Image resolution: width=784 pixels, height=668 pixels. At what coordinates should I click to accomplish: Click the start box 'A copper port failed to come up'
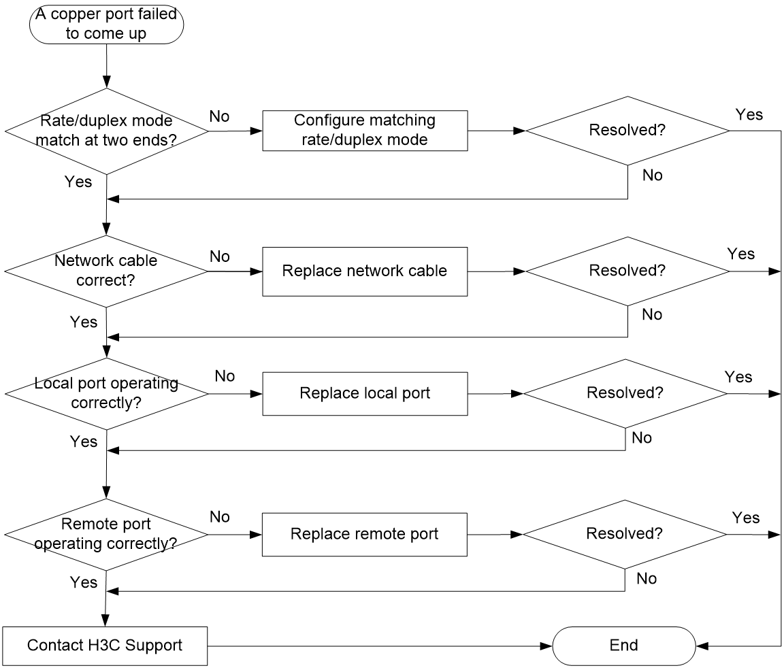tap(106, 24)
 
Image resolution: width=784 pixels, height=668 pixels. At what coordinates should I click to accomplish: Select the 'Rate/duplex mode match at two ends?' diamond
tap(106, 131)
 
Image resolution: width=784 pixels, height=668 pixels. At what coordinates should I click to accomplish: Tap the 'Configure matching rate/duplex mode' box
tap(365, 131)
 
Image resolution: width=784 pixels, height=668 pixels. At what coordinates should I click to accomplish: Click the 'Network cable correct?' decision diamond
tap(106, 271)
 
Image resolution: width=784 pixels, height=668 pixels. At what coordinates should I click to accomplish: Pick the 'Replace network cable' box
tap(365, 271)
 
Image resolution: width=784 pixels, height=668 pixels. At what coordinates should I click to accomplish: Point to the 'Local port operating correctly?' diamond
tap(106, 394)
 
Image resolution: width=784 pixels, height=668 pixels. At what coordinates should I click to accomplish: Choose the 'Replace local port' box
tap(365, 394)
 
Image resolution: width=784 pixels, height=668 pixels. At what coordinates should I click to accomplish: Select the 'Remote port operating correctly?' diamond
tap(106, 535)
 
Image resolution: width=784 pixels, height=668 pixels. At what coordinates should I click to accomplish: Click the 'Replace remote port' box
tap(365, 535)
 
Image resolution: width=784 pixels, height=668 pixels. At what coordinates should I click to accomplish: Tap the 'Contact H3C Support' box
tap(105, 646)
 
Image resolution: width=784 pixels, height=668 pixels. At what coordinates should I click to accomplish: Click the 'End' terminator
tap(624, 646)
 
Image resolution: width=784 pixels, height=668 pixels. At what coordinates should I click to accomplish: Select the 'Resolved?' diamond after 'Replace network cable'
tap(627, 271)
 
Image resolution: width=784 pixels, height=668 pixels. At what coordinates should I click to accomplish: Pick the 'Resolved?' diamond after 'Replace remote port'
tap(625, 535)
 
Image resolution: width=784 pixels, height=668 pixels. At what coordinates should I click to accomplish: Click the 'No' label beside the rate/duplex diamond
tap(220, 116)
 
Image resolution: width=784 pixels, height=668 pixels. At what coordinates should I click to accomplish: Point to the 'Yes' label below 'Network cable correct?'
tap(84, 322)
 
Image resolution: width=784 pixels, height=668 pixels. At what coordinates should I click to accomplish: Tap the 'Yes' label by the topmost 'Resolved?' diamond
tap(749, 114)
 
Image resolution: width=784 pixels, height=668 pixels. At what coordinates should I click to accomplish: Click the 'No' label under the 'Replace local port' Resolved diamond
tap(642, 437)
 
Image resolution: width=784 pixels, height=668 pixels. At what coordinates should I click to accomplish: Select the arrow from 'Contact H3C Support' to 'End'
tap(380, 646)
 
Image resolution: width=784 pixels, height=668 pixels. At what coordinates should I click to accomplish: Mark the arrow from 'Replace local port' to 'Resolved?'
tap(495, 394)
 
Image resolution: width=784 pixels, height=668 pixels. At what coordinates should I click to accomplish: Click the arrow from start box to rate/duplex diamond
tap(106, 66)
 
